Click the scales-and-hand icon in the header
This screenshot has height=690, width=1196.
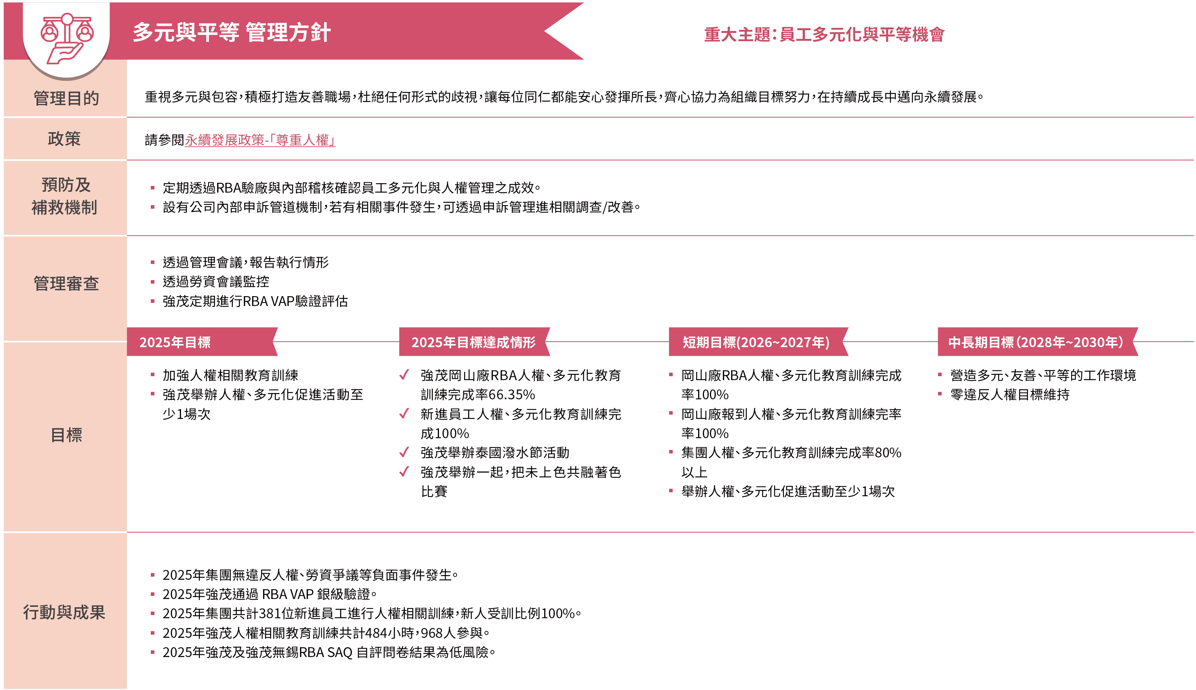pos(67,38)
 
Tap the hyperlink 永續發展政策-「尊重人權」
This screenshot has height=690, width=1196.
pos(260,140)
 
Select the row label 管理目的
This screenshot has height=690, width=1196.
pos(66,98)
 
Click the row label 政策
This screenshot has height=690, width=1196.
pos(64,139)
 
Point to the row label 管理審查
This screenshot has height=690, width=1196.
pos(66,283)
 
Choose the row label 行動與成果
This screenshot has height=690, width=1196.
pos(64,612)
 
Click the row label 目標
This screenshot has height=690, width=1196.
pos(66,435)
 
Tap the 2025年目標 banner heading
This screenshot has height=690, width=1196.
pos(175,342)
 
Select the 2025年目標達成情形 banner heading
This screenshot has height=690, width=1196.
pos(473,342)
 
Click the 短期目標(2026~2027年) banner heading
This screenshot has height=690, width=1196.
pos(756,342)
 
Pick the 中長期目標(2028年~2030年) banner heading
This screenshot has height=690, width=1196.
pos(1036,342)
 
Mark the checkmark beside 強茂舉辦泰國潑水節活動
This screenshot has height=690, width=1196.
pos(404,452)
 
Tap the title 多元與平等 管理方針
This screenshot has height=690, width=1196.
pos(231,32)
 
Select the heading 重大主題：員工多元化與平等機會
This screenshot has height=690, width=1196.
pos(824,35)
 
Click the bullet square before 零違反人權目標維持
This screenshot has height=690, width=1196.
pos(940,394)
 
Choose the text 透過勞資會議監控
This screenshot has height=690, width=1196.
pos(216,282)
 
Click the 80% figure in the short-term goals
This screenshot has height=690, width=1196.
pos(888,453)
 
